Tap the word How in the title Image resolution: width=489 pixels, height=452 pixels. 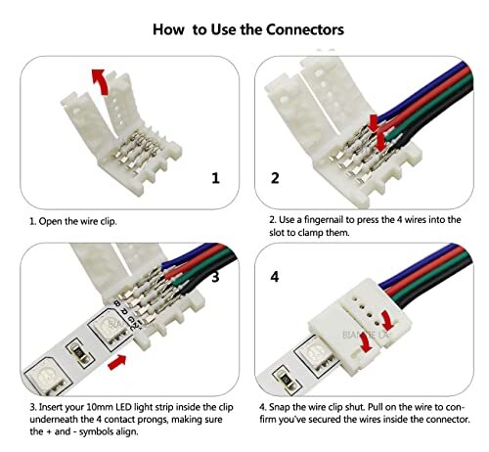172,29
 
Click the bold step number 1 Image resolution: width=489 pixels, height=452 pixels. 216,178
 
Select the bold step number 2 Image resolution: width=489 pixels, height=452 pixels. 275,178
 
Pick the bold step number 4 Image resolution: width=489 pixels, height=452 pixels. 275,277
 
